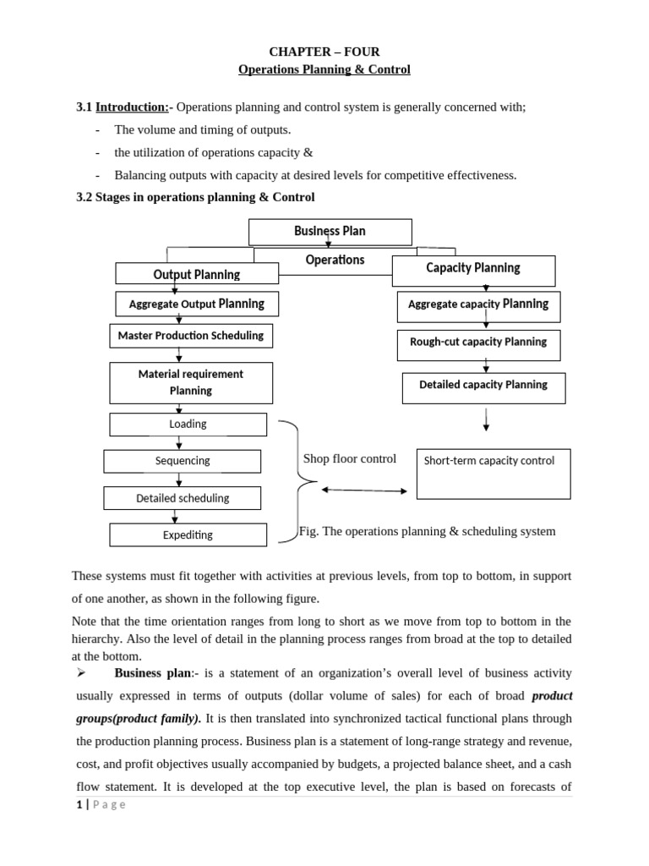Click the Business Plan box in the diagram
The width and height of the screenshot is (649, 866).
330,232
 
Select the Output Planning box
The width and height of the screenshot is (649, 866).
197,274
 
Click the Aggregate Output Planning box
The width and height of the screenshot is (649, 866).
197,304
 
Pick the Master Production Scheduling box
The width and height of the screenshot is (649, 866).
191,336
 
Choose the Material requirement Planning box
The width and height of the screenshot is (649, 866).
191,382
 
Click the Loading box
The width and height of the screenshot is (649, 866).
188,425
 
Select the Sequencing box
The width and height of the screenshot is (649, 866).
183,461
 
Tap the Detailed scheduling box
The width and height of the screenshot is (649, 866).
183,498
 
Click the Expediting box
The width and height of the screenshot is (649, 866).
188,534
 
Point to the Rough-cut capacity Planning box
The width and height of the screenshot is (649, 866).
478,343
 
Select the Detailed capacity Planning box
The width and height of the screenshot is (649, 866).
483,386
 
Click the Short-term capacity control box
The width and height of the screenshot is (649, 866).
494,474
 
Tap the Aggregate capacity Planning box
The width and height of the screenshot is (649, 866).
478,304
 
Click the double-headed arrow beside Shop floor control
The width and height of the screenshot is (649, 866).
364,491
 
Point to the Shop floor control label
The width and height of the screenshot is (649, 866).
350,459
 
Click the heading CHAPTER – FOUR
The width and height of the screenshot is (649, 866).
324,52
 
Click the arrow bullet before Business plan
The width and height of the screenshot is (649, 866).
82,673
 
